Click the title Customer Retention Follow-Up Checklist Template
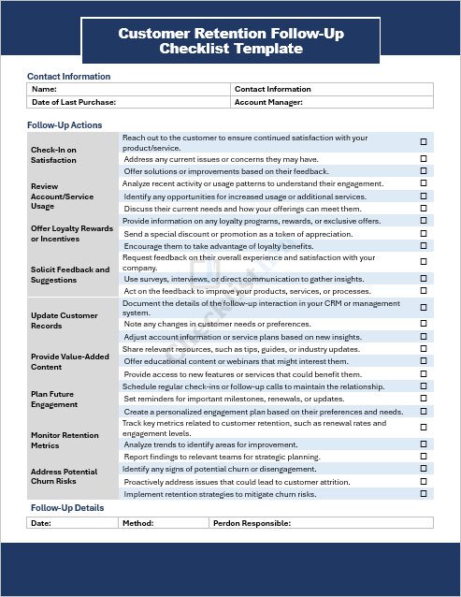point(230,41)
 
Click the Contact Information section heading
point(68,76)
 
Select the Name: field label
point(44,89)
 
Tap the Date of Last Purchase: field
point(74,101)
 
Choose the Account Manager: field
point(268,101)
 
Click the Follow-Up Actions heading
point(65,124)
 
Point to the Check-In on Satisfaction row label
point(53,154)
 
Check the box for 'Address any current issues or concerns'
point(423,159)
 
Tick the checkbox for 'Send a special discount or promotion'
point(423,234)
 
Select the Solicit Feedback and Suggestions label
point(69,274)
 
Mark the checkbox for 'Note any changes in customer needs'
point(423,324)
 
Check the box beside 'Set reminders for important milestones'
point(423,399)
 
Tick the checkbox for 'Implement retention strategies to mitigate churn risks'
point(423,493)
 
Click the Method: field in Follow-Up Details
point(138,523)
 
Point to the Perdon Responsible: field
point(253,523)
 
